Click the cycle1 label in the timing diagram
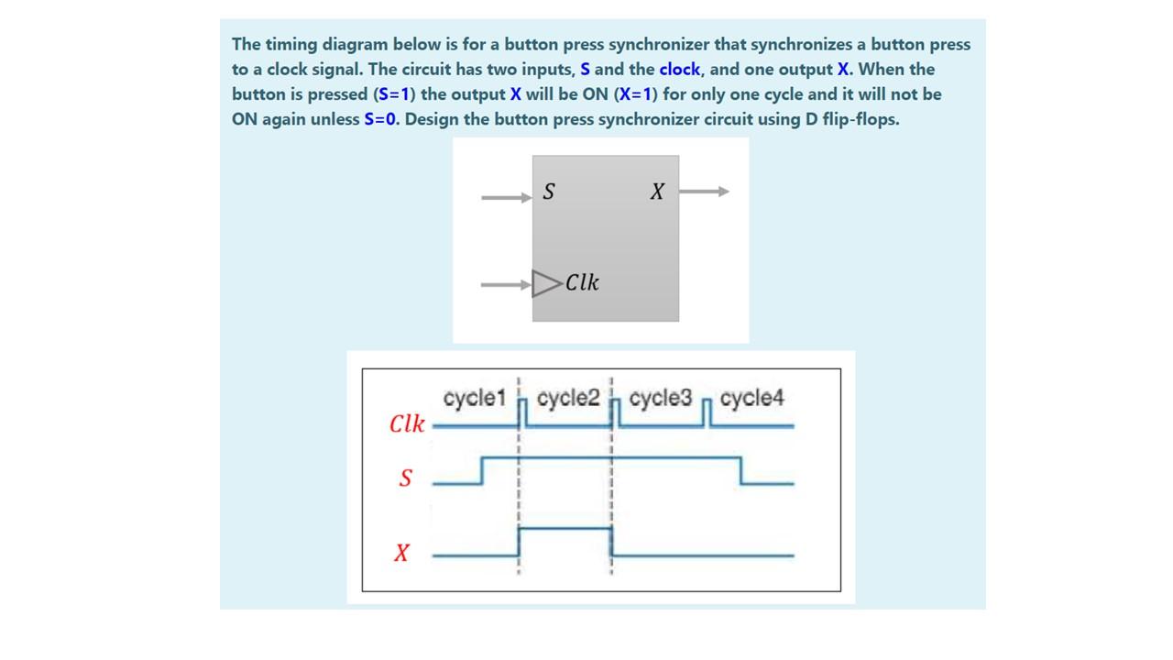pos(474,399)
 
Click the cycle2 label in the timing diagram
pos(568,399)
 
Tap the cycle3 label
pos(660,399)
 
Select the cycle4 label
pos(752,399)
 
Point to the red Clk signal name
pos(407,424)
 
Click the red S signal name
pos(405,478)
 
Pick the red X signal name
pos(401,553)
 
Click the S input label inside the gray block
pos(549,192)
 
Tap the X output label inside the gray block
pos(656,192)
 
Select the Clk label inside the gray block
pos(583,282)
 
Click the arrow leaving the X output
pos(704,192)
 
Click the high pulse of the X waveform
pos(565,529)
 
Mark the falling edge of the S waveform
pos(740,469)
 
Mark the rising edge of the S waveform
pos(483,469)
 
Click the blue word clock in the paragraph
pos(679,70)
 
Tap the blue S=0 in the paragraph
pos(380,119)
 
